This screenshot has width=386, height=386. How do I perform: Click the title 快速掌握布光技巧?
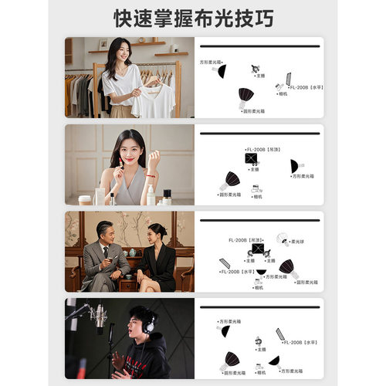tap(192, 17)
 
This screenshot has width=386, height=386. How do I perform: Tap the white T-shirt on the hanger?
tap(153, 100)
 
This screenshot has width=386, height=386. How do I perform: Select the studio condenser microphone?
tap(100, 317)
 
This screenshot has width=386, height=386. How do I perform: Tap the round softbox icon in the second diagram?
tap(231, 180)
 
